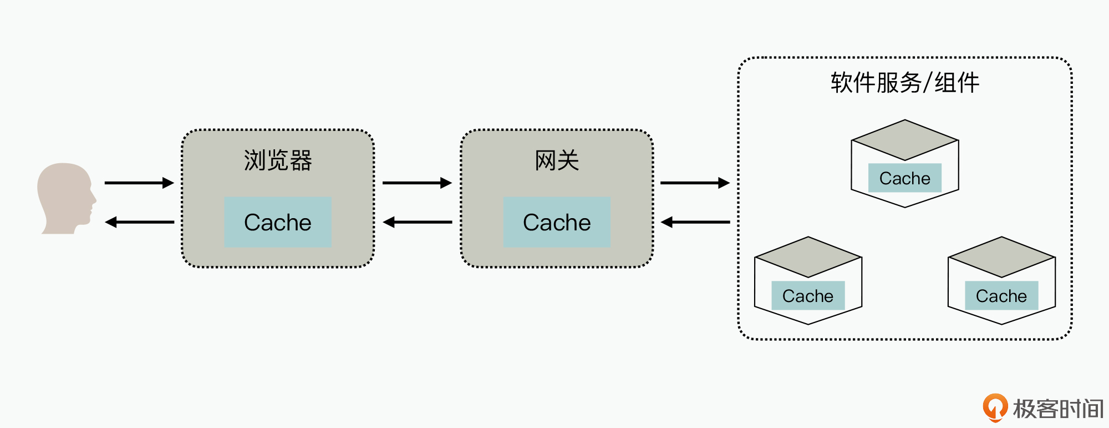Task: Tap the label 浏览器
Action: [x=278, y=160]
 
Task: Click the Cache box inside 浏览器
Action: [x=278, y=222]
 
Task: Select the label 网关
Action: [x=557, y=160]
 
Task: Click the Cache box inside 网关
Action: [x=557, y=222]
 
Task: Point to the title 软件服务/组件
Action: [x=904, y=83]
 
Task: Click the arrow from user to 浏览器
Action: [x=139, y=183]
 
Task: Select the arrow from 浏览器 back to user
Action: [x=139, y=222]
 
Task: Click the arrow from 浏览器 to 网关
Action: [x=417, y=183]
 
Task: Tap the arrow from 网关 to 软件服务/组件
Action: [x=695, y=183]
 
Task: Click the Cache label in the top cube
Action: [x=904, y=178]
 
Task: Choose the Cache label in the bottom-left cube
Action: [x=808, y=296]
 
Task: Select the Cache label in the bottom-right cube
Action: [x=1001, y=296]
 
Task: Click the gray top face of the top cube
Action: [x=904, y=140]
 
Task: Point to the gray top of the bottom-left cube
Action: [x=808, y=257]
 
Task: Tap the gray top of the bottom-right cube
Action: [x=1001, y=257]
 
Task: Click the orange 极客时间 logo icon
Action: [x=995, y=407]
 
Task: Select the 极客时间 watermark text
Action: [x=1058, y=409]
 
